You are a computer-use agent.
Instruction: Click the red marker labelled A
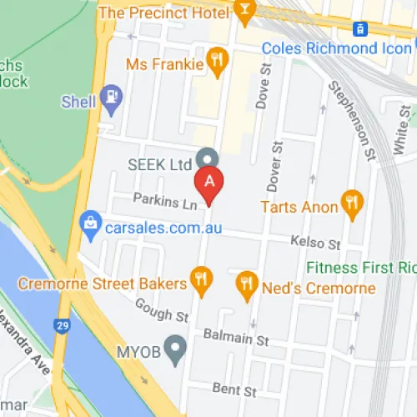209,182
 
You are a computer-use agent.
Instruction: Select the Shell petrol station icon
111,98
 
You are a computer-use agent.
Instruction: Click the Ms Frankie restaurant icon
217,61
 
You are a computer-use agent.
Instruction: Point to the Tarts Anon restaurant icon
353,203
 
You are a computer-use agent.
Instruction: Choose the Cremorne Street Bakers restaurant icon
201,281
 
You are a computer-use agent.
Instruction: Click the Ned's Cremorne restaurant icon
245,284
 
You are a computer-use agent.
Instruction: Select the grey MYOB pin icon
175,349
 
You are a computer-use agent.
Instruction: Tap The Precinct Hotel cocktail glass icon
245,11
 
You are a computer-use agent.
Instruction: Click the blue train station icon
358,28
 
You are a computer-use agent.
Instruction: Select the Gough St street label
162,316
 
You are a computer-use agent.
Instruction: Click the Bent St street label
234,389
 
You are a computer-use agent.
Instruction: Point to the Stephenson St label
350,116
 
